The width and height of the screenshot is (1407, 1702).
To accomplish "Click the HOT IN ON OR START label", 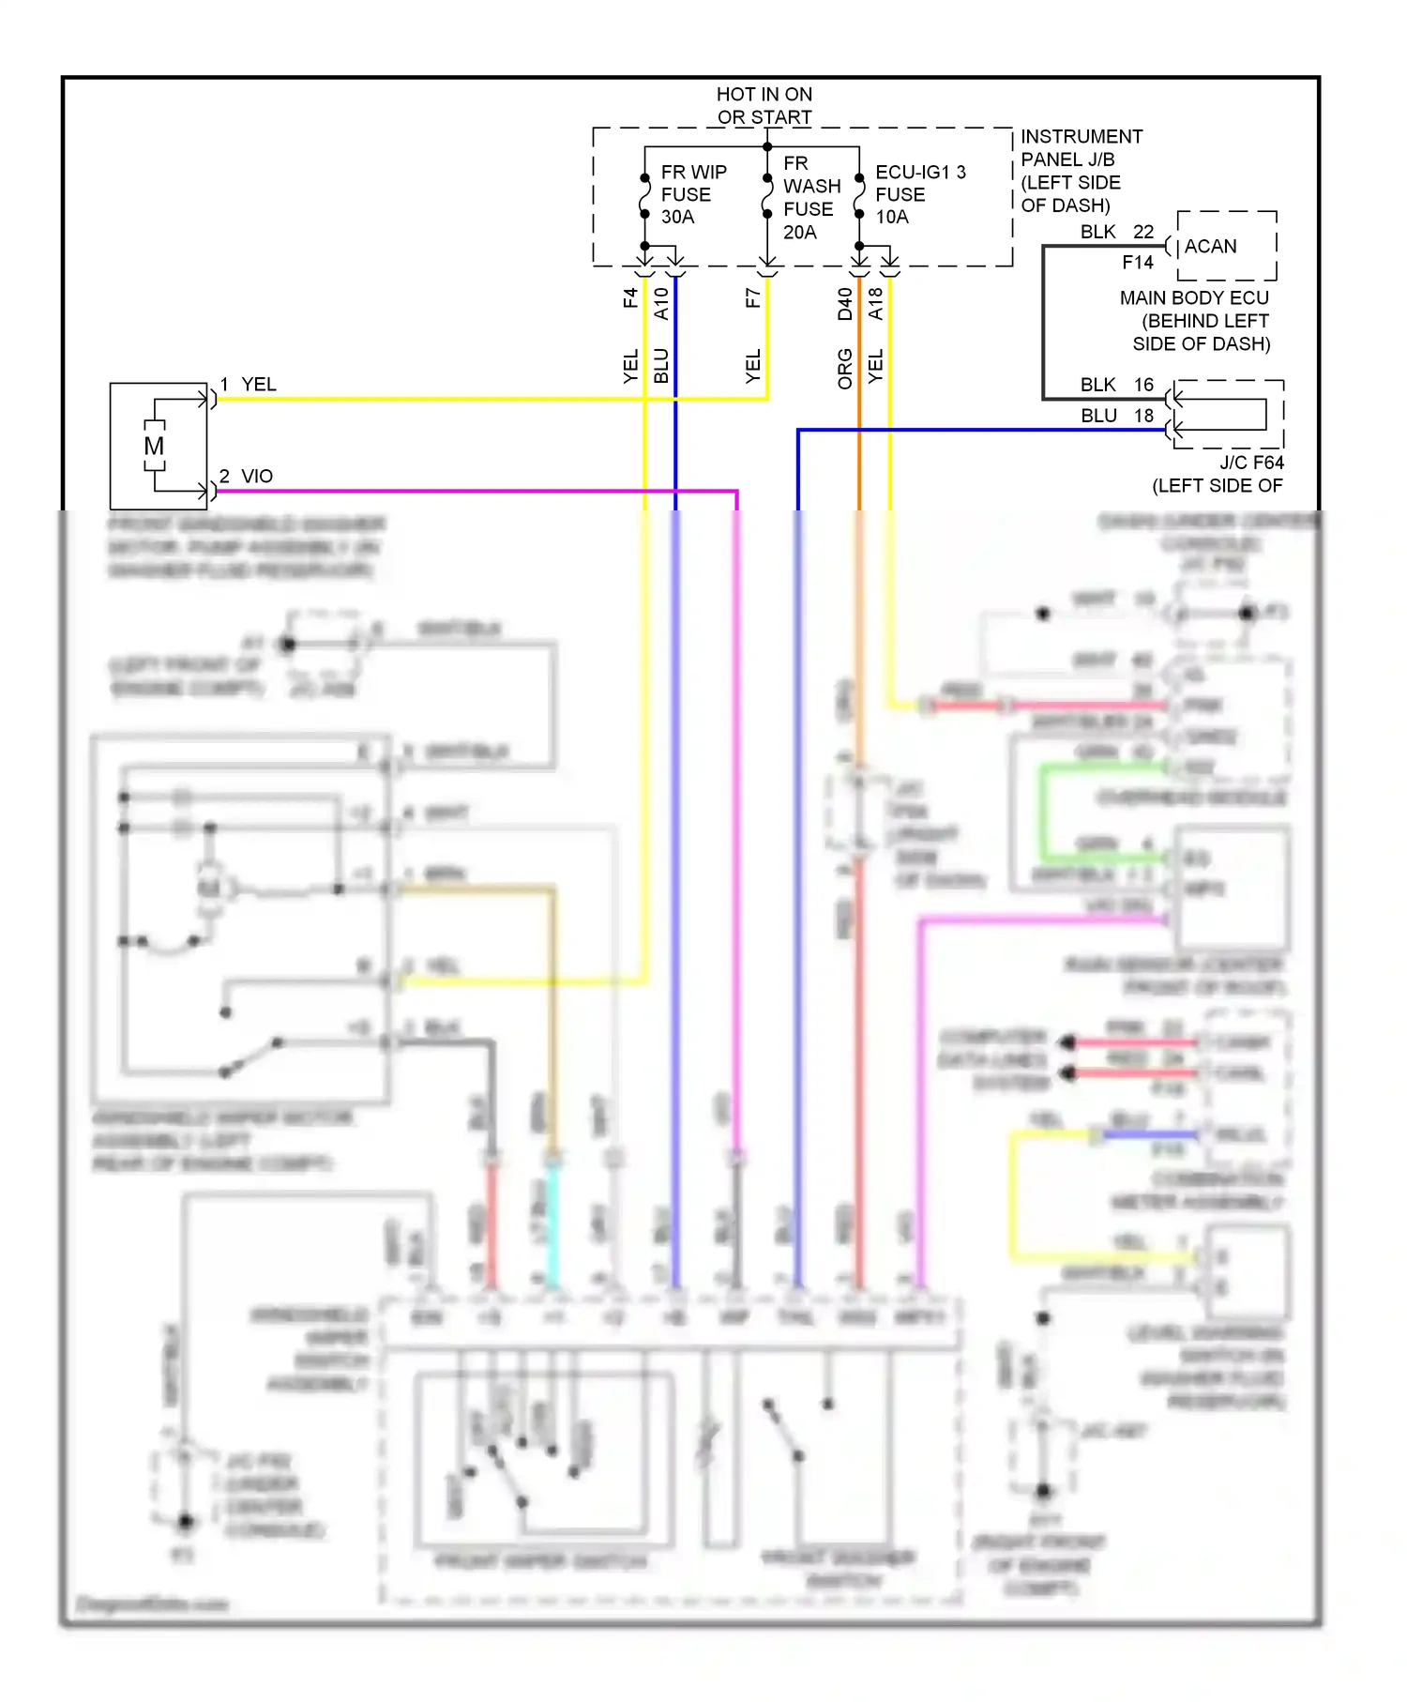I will [764, 105].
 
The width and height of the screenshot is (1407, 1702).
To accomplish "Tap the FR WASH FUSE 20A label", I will [810, 197].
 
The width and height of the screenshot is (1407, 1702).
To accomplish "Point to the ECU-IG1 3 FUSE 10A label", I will [918, 194].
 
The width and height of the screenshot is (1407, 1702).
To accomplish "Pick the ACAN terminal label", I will [1210, 246].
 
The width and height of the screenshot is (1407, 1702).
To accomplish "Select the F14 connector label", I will [1137, 263].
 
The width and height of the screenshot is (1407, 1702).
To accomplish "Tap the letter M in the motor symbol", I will [154, 447].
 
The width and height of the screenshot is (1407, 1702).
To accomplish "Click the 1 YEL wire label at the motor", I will [249, 385].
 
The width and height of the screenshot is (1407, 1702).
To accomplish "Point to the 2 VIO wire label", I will [247, 477].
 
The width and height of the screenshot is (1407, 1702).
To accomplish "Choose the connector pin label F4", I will [630, 298].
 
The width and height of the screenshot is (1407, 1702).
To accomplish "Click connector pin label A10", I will [661, 303].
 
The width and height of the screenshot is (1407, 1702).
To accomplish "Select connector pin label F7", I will [752, 298].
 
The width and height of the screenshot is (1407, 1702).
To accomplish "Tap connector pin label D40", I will [845, 303].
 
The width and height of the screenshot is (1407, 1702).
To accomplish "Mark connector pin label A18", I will [875, 303].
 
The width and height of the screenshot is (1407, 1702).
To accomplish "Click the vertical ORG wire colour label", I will [845, 369].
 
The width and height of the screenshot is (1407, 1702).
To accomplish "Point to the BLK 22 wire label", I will [1116, 232].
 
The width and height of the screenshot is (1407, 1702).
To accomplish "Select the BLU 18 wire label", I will [1116, 416].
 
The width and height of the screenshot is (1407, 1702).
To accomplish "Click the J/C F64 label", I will [1251, 463].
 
